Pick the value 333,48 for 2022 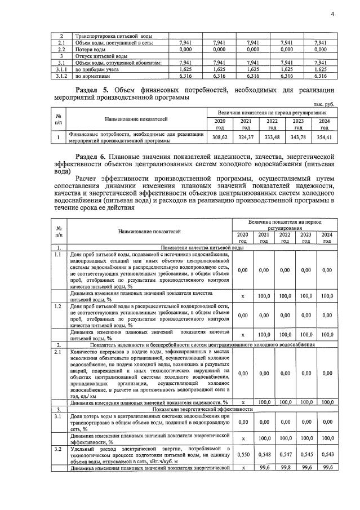pyautogui.click(x=272, y=137)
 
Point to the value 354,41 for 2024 pyautogui.click(x=323, y=137)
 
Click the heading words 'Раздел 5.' pyautogui.click(x=94, y=90)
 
